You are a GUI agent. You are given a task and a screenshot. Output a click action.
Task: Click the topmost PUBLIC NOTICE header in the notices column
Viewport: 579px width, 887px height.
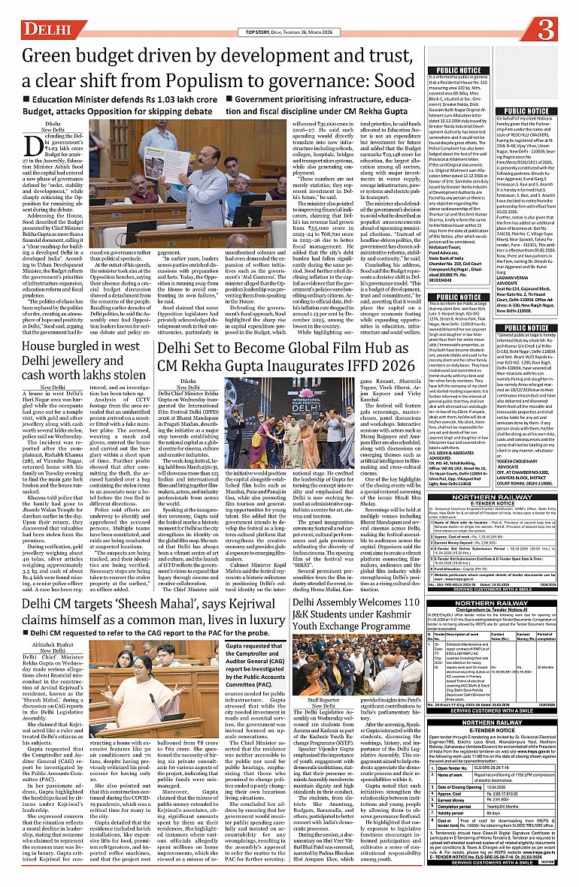pyautogui.click(x=459, y=70)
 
